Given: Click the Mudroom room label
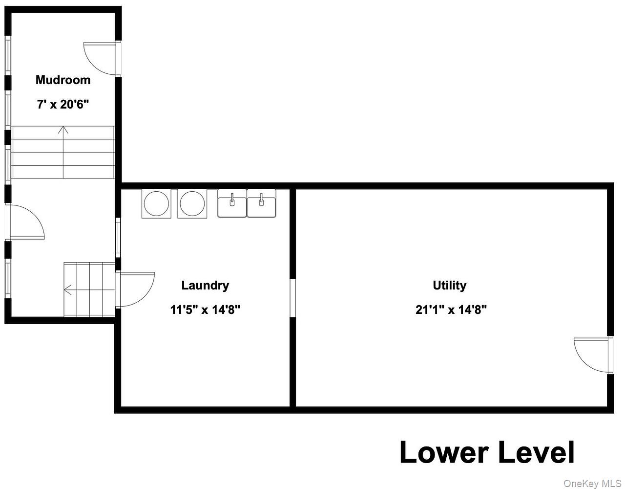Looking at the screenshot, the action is click(x=63, y=80).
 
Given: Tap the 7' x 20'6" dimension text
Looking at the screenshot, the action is click(x=63, y=104).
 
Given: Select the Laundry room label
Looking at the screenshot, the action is click(x=205, y=286).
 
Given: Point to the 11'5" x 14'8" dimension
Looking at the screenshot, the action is click(x=205, y=310).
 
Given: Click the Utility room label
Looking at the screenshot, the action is click(x=450, y=286).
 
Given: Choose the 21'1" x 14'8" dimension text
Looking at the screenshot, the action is click(x=451, y=310).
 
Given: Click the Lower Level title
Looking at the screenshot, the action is click(x=487, y=452).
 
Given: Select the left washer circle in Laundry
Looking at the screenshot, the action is click(x=156, y=203).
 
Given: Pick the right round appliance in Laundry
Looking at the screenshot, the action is click(x=192, y=203).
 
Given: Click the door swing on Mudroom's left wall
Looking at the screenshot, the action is click(x=27, y=222).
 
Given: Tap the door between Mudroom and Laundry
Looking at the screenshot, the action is click(x=135, y=289).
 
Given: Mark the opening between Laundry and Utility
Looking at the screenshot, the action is click(x=292, y=298).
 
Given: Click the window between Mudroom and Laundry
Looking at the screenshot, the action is click(x=118, y=238).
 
